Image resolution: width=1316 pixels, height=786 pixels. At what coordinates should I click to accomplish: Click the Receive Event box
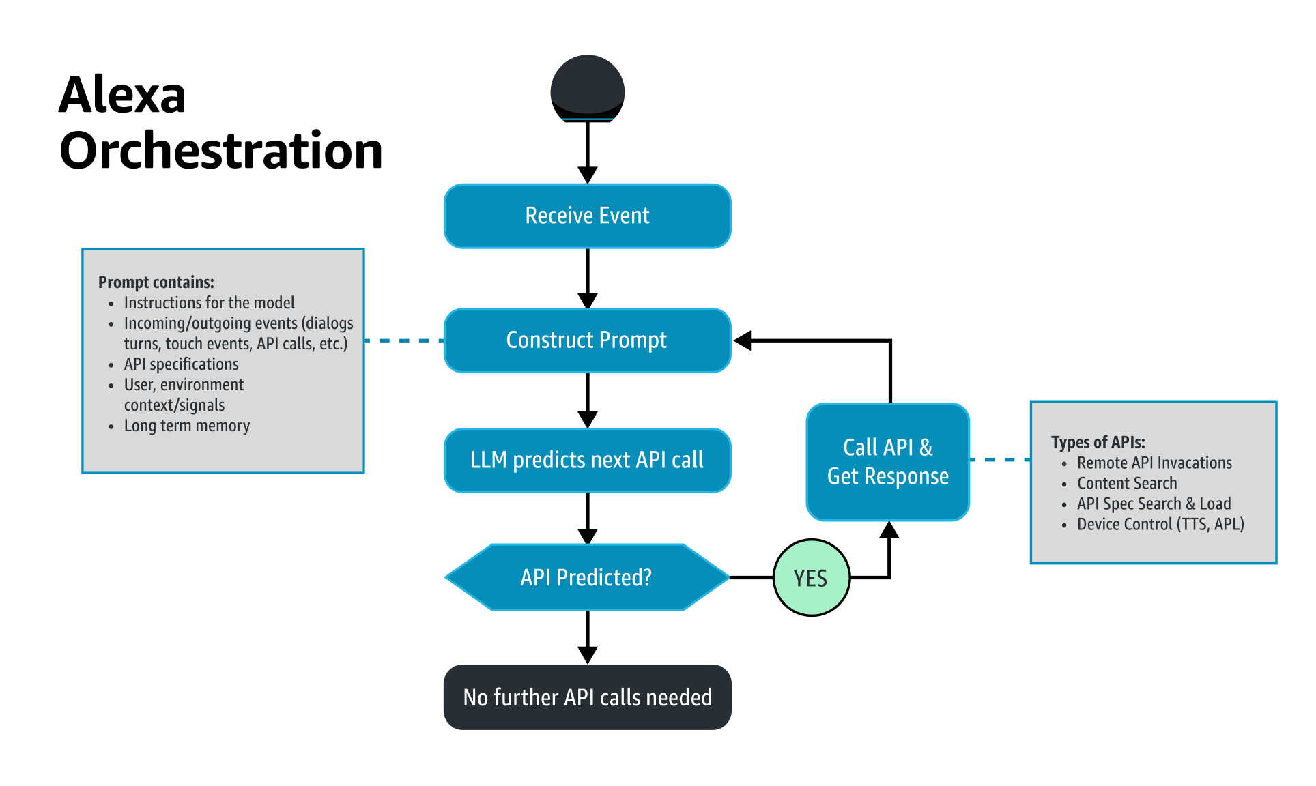[x=587, y=216]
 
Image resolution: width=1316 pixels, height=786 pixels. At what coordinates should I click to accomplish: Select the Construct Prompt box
[x=587, y=340]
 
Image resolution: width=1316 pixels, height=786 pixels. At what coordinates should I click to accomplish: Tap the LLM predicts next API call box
[x=587, y=460]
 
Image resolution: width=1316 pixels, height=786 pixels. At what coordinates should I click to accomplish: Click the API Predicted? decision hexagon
[x=587, y=577]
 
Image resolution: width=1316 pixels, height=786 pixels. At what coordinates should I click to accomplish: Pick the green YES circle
[x=811, y=578]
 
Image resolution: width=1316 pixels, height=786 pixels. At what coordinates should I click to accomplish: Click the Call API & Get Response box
[x=887, y=462]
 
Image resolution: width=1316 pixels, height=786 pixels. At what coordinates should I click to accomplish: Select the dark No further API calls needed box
[x=587, y=697]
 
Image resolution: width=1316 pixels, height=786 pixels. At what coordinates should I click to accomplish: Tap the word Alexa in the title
[x=122, y=95]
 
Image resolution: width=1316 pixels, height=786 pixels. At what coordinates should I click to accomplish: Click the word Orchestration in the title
[x=220, y=151]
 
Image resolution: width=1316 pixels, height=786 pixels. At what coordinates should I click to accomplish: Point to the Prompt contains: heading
[x=156, y=282]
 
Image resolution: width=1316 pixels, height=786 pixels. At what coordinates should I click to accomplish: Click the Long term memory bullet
[x=186, y=426]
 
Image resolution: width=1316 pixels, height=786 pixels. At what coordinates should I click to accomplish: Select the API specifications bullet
[x=181, y=364]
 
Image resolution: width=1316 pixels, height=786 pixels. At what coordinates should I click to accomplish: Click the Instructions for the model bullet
[x=209, y=303]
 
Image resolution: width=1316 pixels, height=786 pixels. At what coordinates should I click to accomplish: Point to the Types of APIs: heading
[x=1098, y=442]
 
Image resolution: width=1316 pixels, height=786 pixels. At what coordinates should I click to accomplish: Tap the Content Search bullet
[x=1127, y=483]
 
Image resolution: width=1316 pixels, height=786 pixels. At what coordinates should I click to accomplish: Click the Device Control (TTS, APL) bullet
[x=1160, y=524]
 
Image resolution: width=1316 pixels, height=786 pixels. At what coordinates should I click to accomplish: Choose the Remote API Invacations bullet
[x=1154, y=463]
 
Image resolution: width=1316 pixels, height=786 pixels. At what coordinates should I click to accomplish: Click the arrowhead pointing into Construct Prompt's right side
[x=743, y=340]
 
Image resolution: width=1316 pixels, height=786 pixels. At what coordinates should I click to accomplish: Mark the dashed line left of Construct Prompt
[x=404, y=340]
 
